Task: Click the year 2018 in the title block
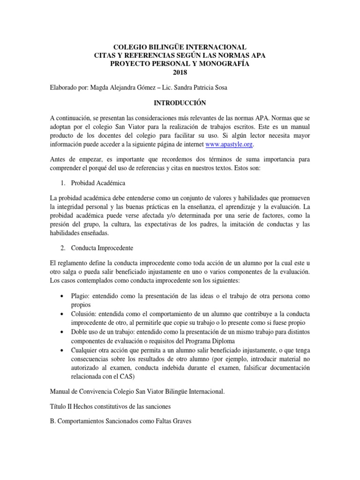[x=180, y=72]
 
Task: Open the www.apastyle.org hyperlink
[x=226, y=145]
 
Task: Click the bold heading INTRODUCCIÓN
[x=180, y=102]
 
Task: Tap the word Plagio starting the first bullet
[x=81, y=297]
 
